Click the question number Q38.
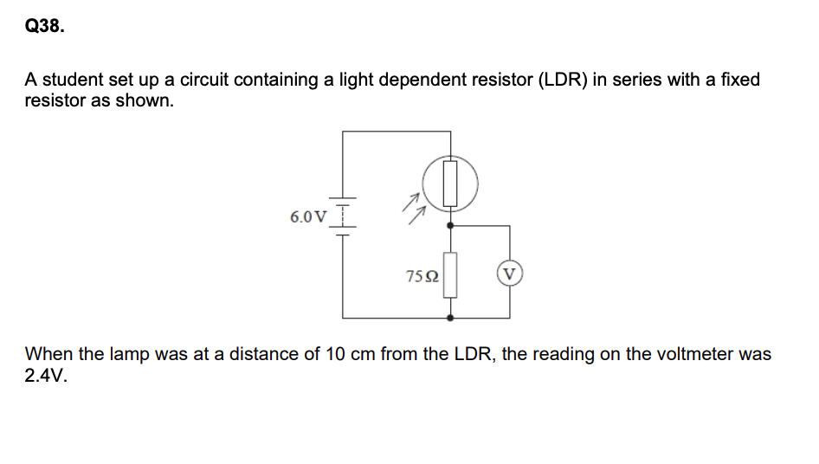[x=43, y=27]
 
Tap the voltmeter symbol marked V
[x=509, y=275]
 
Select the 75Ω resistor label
[x=422, y=276]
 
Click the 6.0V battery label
[x=309, y=216]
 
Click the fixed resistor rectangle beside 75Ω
[x=449, y=274]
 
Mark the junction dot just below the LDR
[x=449, y=224]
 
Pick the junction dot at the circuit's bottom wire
[x=449, y=318]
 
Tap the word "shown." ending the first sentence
[x=149, y=100]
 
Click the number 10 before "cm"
[x=334, y=354]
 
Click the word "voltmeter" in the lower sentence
[x=696, y=354]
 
